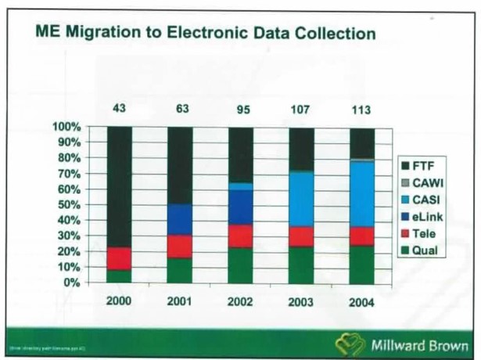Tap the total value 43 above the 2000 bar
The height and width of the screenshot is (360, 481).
120,108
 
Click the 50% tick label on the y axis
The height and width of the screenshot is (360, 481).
69,204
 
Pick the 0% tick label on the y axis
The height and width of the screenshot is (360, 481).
72,282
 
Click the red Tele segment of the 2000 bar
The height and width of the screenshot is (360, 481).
120,259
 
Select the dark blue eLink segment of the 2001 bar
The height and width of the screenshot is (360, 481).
181,220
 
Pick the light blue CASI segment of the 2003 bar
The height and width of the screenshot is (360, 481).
301,199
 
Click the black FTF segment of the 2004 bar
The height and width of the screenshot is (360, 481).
361,142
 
